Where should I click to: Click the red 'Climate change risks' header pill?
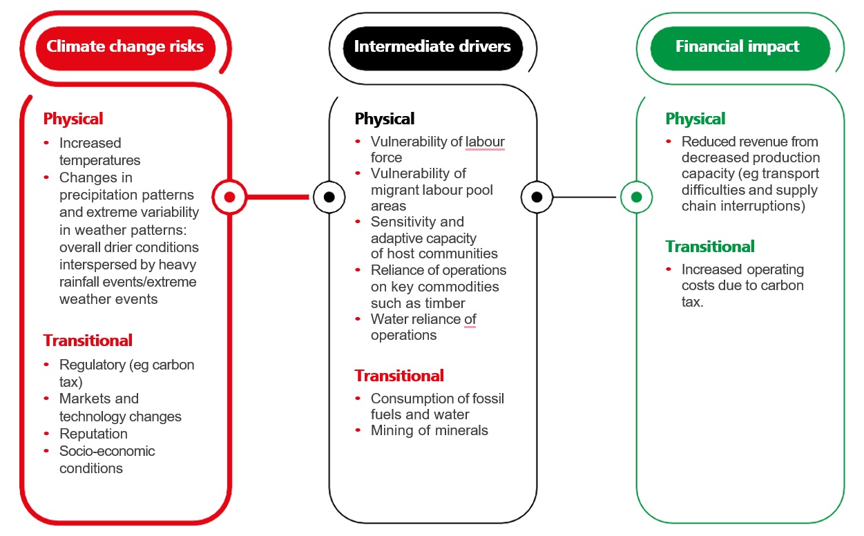(x=125, y=47)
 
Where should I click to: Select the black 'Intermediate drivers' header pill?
(x=432, y=47)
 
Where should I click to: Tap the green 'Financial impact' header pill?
(x=737, y=47)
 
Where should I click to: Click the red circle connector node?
(x=230, y=197)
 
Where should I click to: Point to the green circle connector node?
(x=636, y=197)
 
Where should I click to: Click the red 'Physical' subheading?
(x=73, y=119)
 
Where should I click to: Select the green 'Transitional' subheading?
(x=710, y=247)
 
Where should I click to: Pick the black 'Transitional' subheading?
(x=399, y=376)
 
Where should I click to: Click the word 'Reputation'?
(x=93, y=434)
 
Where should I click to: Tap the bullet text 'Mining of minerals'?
(x=429, y=430)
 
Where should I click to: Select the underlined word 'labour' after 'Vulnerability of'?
(x=485, y=142)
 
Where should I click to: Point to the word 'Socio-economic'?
(x=107, y=451)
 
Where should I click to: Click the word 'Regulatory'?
(x=91, y=365)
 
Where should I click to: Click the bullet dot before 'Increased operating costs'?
(x=669, y=269)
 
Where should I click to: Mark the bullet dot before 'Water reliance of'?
(x=358, y=318)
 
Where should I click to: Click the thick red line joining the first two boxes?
(x=276, y=197)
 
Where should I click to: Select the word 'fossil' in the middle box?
(x=486, y=399)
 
